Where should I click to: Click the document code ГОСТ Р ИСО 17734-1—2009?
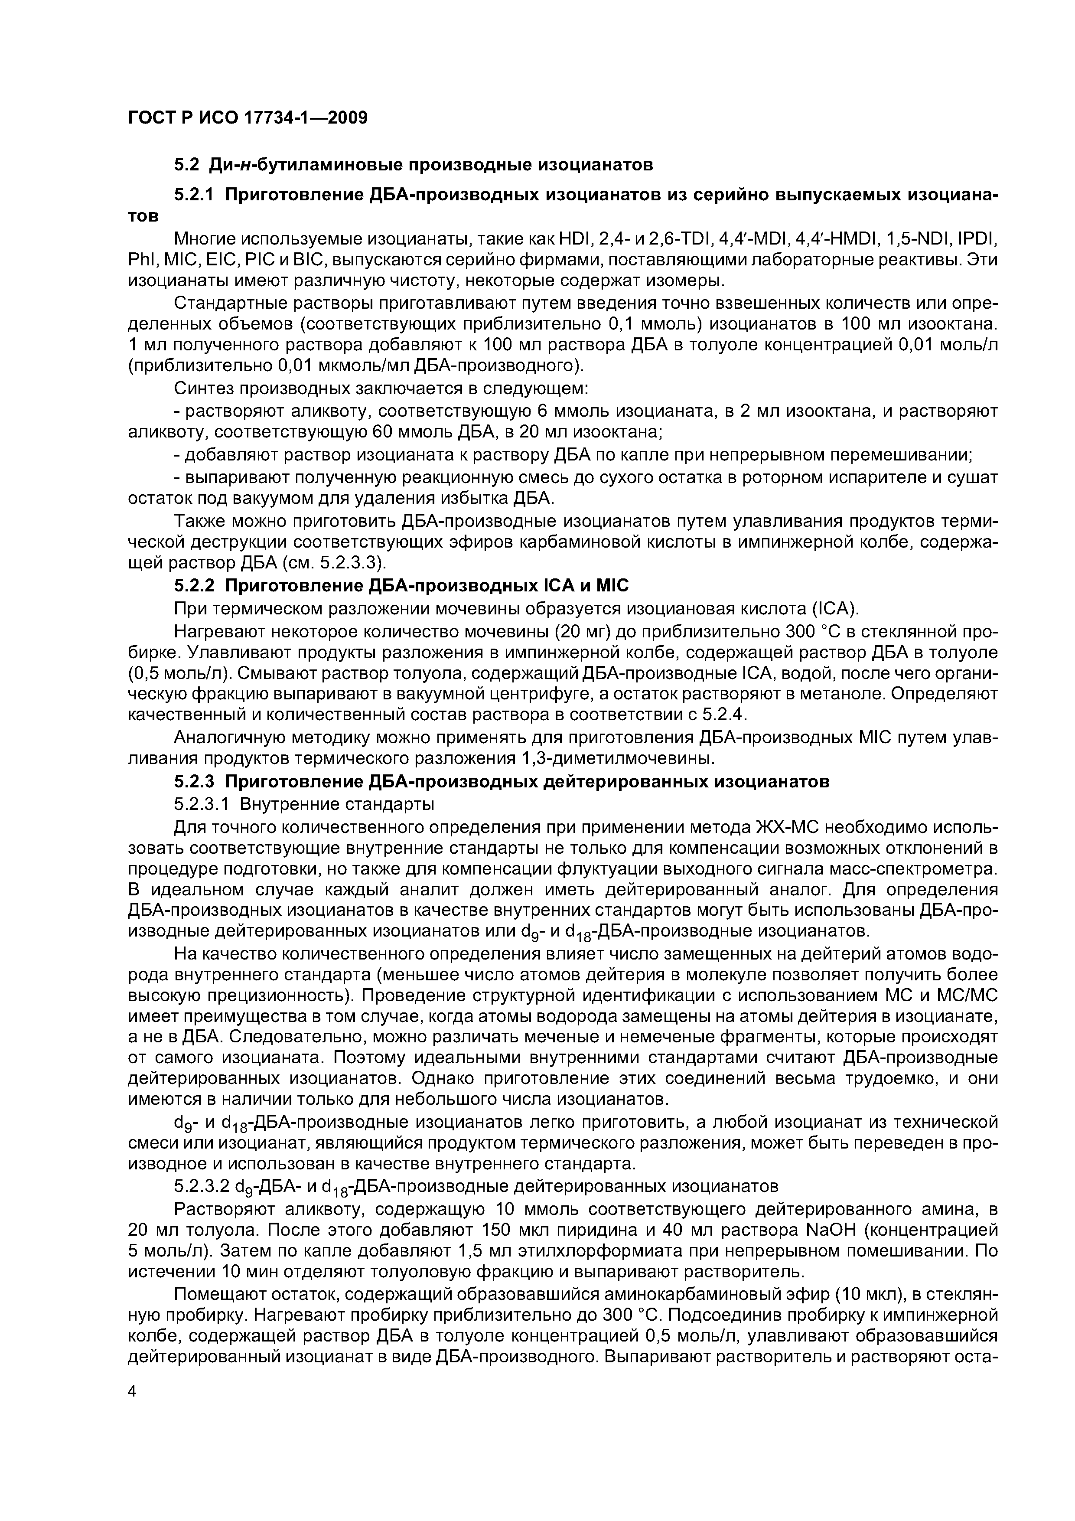(x=247, y=118)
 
